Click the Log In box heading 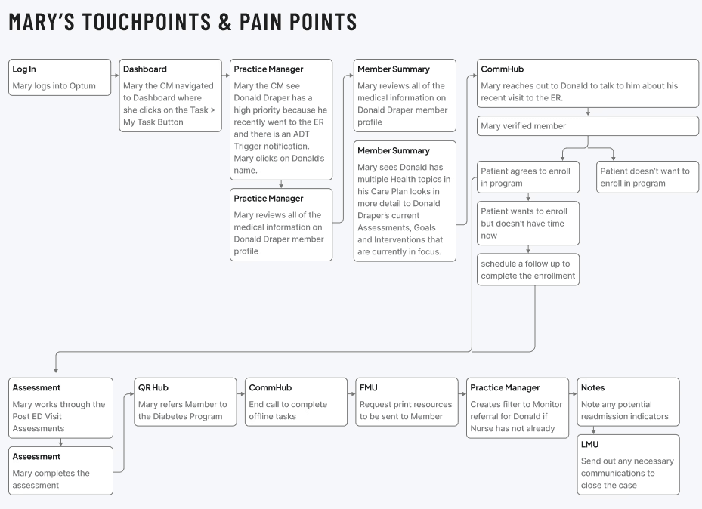pyautogui.click(x=24, y=69)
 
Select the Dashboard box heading pyautogui.click(x=144, y=69)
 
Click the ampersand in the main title pyautogui.click(x=225, y=22)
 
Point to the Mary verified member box pyautogui.click(x=588, y=126)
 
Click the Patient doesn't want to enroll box pyautogui.click(x=648, y=177)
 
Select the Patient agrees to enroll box pyautogui.click(x=528, y=177)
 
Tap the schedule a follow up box pyautogui.click(x=528, y=270)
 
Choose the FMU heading pyautogui.click(x=369, y=387)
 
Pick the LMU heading pyautogui.click(x=589, y=445)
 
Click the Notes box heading pyautogui.click(x=592, y=387)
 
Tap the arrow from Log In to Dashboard pyautogui.click(x=115, y=76)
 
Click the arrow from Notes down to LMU pyautogui.click(x=594, y=430)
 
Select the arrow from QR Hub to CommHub pyautogui.click(x=241, y=394)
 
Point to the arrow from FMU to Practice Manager pyautogui.click(x=462, y=394)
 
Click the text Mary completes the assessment pyautogui.click(x=51, y=479)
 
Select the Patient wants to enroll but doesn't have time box pyautogui.click(x=528, y=224)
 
